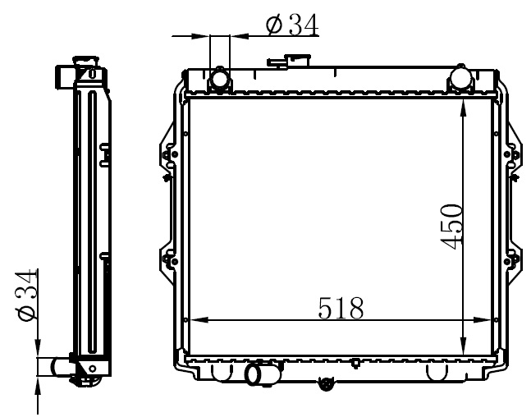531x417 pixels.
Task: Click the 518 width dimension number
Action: point(341,309)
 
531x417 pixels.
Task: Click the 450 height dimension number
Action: point(451,227)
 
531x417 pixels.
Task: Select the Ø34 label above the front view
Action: point(292,25)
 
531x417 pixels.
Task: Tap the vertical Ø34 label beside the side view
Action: point(25,295)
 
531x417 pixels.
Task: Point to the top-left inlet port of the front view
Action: point(220,80)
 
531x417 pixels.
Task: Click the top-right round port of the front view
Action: point(460,78)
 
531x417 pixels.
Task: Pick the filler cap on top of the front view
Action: point(289,62)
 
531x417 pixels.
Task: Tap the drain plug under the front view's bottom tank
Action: point(326,384)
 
